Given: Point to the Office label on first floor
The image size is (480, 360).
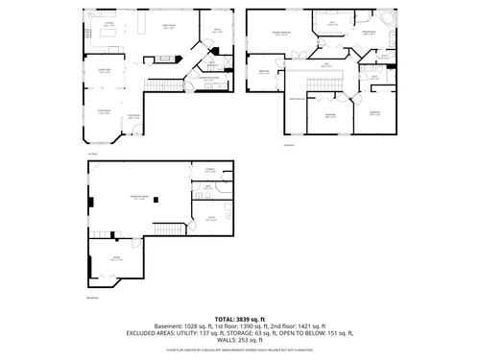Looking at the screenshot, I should [217, 31].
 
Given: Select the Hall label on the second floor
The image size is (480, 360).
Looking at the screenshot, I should [326, 65].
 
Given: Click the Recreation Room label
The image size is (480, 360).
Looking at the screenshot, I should [138, 198].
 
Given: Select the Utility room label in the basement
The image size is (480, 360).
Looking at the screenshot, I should [209, 218].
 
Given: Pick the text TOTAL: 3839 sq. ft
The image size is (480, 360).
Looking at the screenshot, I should [240, 318].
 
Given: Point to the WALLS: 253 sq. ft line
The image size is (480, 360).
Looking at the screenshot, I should [240, 340].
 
